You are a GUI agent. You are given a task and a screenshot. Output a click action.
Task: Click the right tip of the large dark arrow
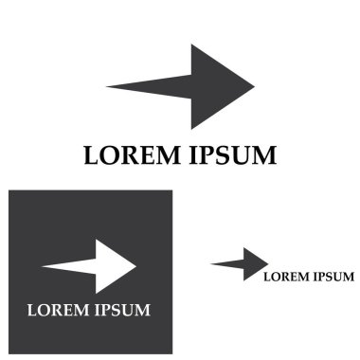pos(253,86)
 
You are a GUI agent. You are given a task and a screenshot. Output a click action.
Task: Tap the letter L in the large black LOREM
pos(92,155)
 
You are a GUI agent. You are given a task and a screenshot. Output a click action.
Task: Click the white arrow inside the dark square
pos(95,266)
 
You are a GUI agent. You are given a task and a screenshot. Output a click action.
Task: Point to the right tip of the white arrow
pos(136,266)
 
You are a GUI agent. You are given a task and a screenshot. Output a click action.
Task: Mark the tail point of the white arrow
pos(43,266)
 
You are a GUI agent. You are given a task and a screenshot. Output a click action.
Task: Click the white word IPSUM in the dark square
pos(119,309)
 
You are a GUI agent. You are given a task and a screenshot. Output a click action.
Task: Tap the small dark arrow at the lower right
pos(242,263)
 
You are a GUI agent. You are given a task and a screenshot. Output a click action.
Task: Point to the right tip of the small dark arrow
pos(268,263)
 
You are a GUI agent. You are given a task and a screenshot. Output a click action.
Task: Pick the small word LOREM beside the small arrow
pos(285,277)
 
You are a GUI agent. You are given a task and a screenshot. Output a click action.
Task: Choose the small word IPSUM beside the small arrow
pos(333,277)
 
